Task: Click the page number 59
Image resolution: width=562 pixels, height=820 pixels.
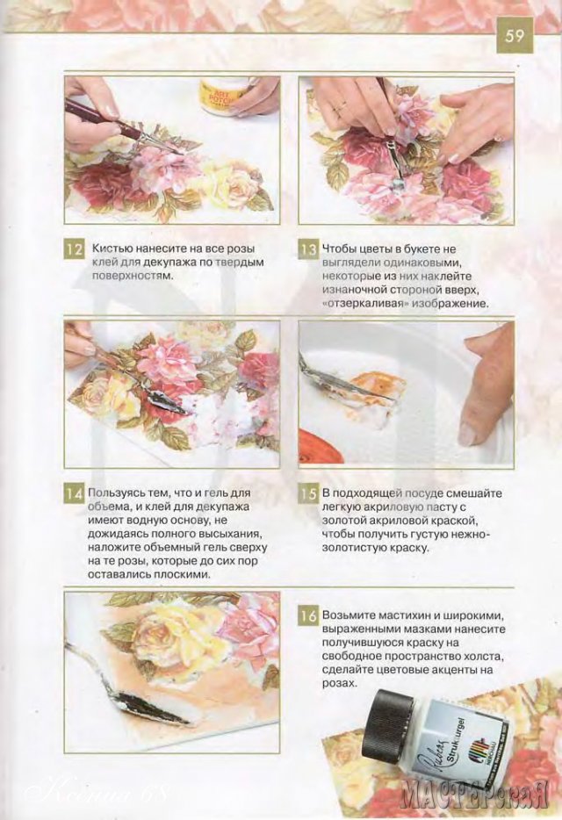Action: point(515,35)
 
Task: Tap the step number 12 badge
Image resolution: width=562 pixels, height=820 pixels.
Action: point(74,249)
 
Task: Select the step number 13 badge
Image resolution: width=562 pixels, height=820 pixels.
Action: point(307,249)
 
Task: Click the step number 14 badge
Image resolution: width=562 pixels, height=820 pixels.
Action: point(74,493)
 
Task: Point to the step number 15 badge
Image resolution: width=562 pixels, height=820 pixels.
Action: point(307,493)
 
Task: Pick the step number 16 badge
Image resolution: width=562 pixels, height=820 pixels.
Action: point(307,616)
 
